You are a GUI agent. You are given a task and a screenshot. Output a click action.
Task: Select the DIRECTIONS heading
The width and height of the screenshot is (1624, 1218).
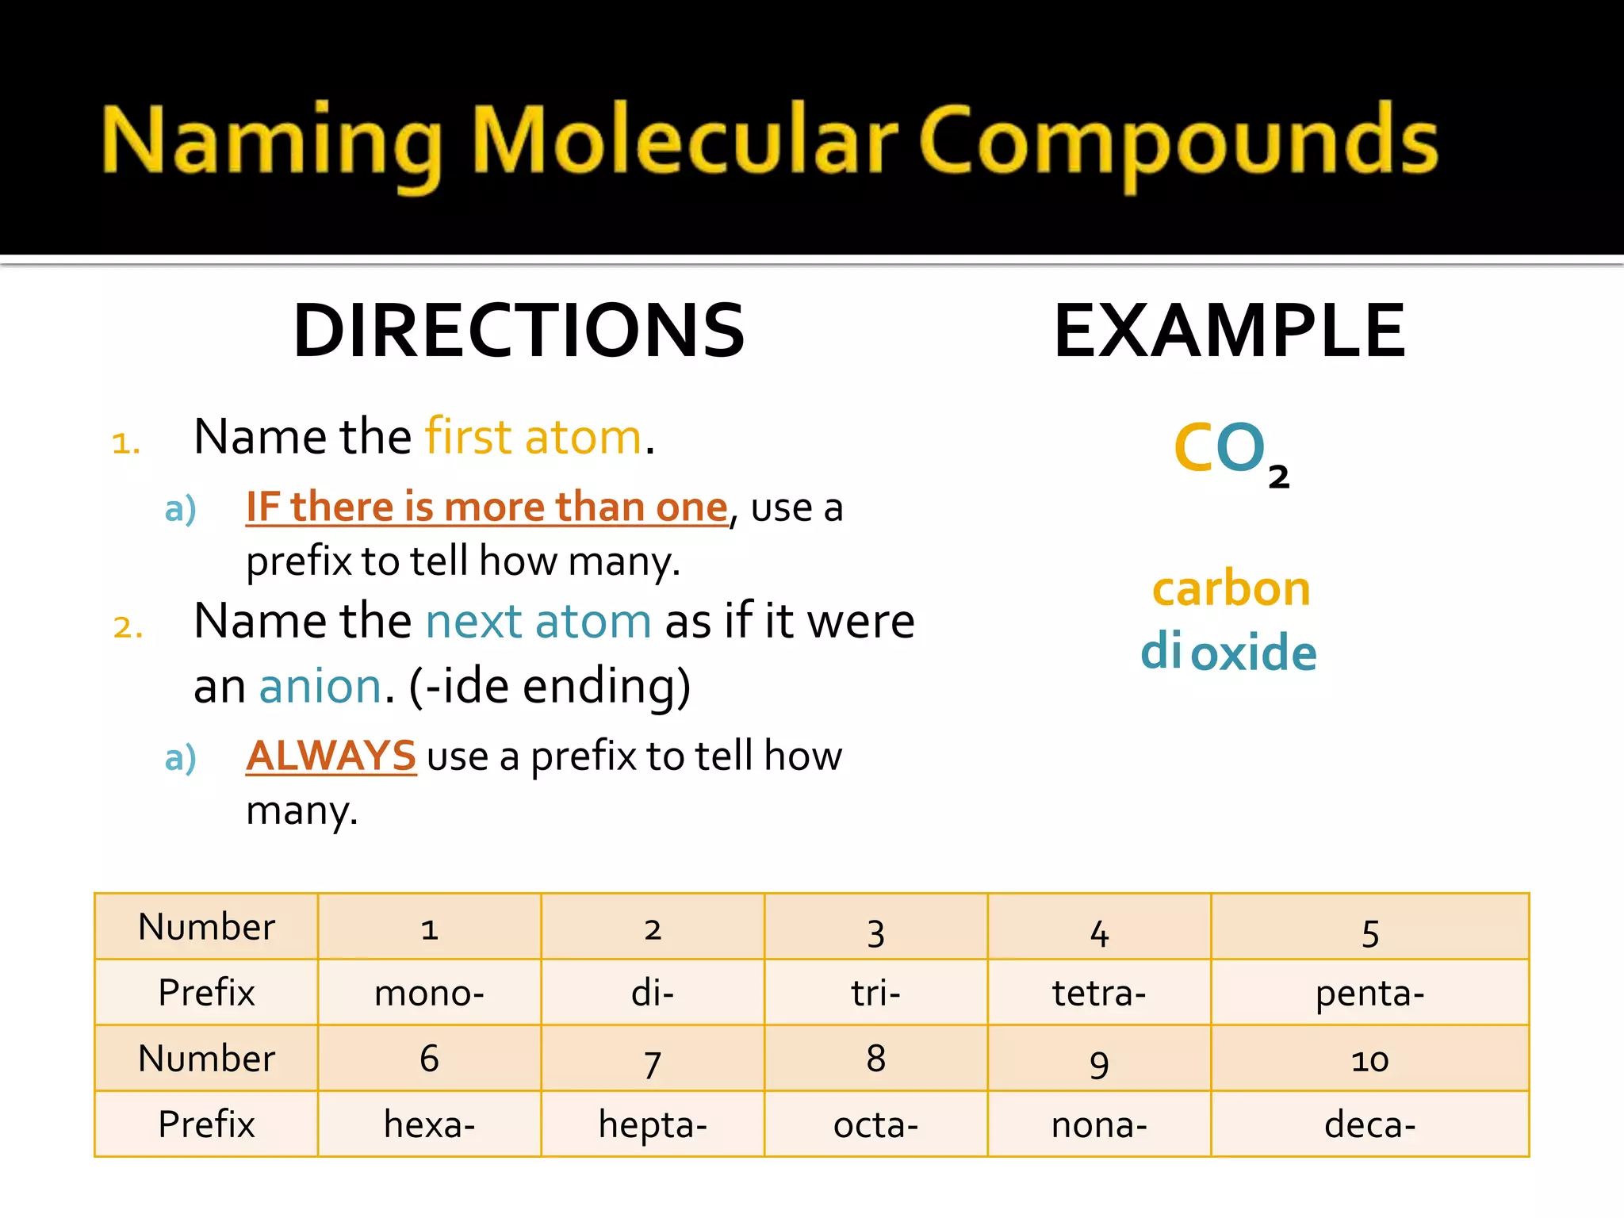(519, 331)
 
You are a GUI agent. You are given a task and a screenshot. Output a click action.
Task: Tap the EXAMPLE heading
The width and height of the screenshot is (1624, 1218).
(1229, 331)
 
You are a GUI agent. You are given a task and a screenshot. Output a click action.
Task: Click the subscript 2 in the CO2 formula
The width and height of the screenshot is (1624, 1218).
(1278, 477)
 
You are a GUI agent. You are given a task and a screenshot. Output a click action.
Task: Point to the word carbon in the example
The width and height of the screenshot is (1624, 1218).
(1231, 589)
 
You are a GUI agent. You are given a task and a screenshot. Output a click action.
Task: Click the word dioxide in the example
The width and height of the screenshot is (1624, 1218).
(1228, 653)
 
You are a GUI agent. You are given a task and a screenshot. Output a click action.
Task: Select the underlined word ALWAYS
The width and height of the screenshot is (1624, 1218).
(331, 755)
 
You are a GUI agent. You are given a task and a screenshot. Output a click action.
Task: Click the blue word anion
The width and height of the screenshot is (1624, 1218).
(320, 686)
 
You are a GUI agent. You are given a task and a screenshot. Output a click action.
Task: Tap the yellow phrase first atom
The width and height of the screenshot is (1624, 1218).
(533, 437)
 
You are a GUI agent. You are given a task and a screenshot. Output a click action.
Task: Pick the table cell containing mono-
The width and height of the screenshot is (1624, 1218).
(429, 993)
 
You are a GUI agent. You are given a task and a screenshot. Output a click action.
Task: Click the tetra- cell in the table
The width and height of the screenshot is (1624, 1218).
(1099, 993)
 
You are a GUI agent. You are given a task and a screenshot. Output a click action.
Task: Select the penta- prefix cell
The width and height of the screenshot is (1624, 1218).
(1369, 993)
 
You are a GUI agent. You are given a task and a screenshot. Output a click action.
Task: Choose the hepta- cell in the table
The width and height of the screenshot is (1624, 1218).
(653, 1124)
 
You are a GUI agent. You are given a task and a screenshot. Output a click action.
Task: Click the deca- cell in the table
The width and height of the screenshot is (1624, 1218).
(1369, 1124)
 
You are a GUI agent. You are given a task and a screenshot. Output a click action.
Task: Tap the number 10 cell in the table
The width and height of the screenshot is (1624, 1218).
(1369, 1059)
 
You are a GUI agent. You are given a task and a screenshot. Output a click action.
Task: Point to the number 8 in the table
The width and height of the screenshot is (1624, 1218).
(875, 1059)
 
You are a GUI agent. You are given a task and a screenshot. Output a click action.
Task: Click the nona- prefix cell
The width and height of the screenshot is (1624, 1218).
(1099, 1124)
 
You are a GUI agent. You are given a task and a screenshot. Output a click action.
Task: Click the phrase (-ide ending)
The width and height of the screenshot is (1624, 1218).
(550, 686)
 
